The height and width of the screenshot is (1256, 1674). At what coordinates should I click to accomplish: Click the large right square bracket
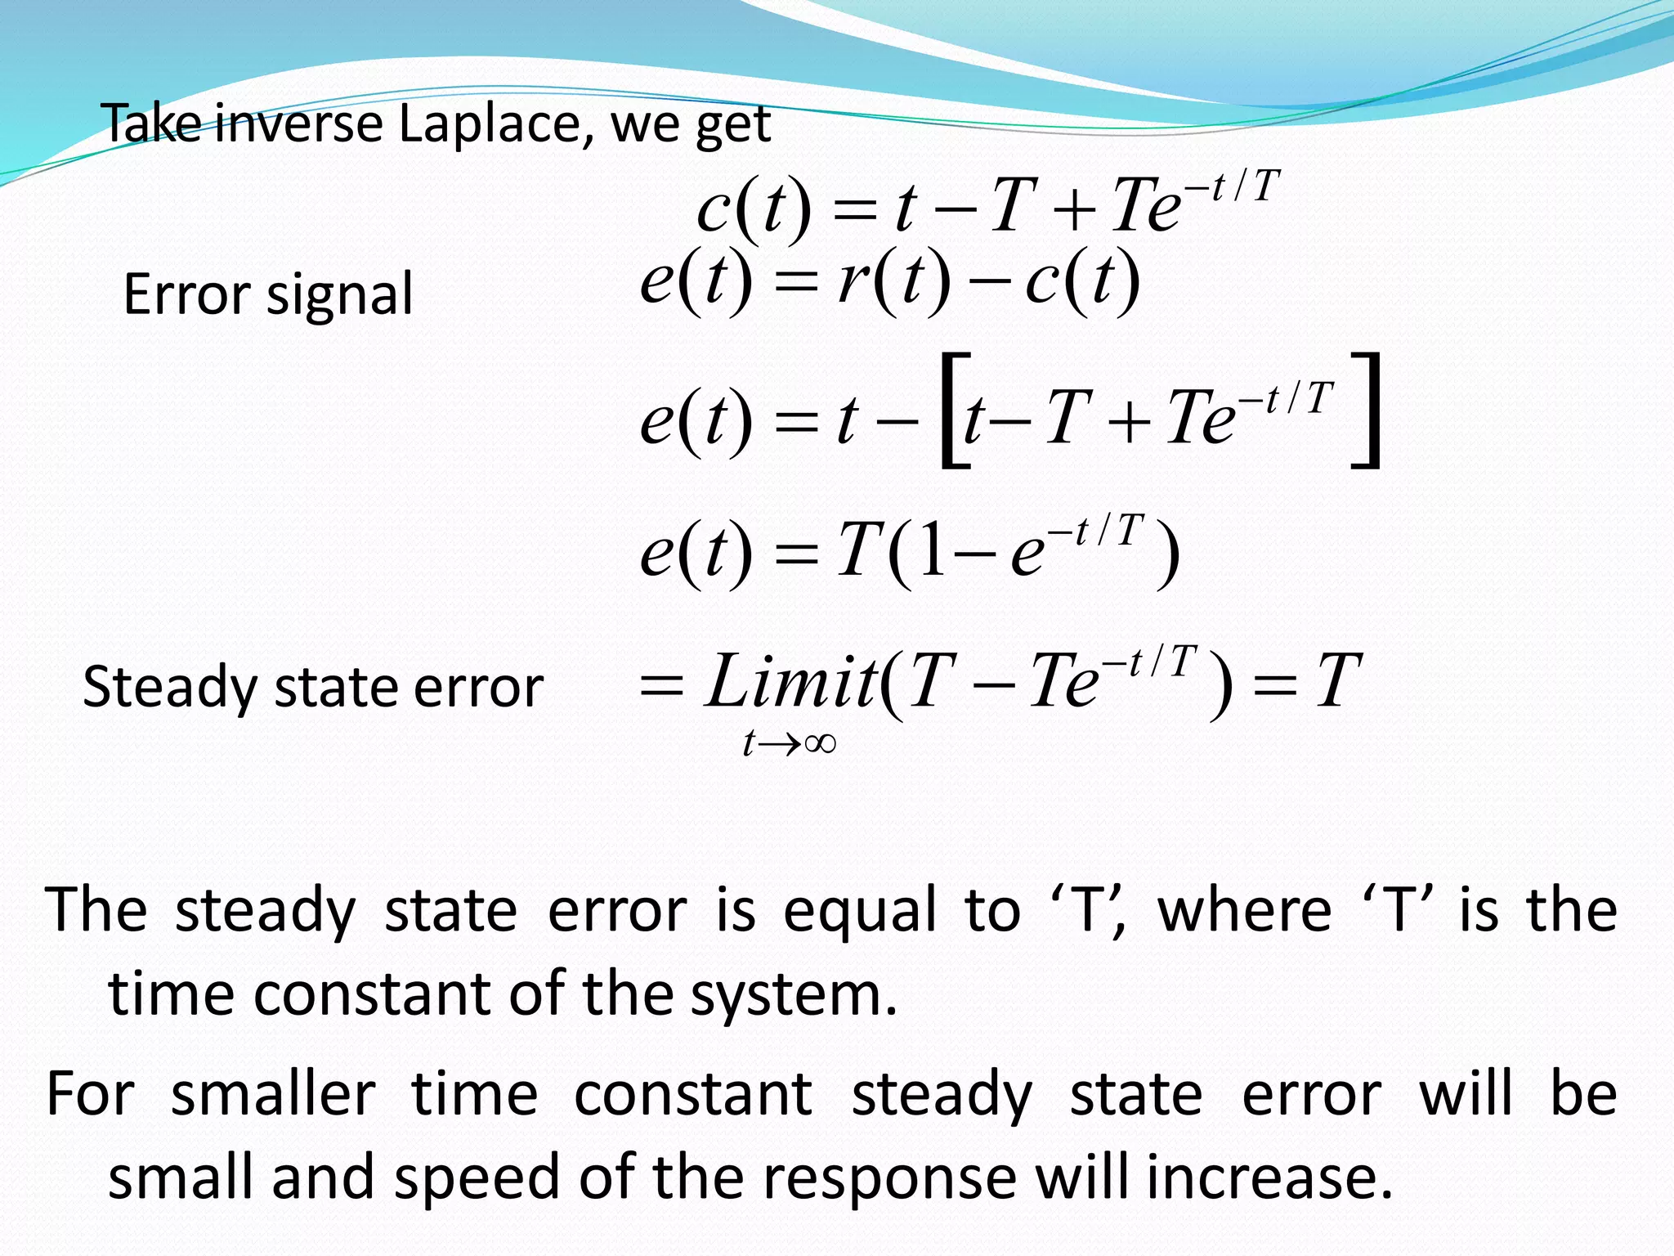click(1367, 410)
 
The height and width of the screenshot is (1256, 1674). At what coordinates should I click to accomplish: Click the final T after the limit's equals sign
click(1337, 681)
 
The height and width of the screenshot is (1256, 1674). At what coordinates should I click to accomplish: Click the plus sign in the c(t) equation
click(1072, 209)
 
